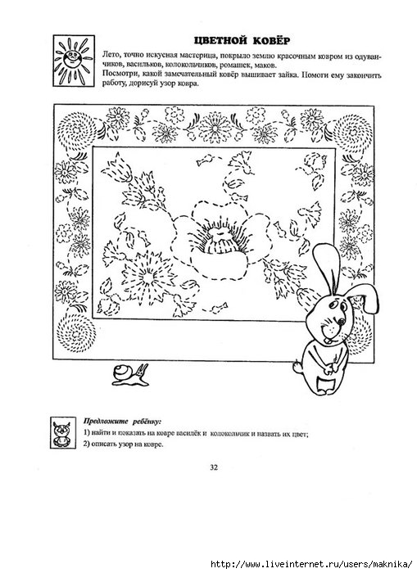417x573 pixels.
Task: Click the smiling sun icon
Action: [x=74, y=61]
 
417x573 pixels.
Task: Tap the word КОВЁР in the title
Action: [x=273, y=40]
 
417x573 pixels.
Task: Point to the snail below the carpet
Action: [x=130, y=374]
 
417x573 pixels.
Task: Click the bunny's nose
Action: [x=341, y=322]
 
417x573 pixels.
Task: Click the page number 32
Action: [x=214, y=467]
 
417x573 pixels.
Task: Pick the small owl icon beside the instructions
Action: [x=63, y=433]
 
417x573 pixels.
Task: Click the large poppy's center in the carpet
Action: [x=217, y=239]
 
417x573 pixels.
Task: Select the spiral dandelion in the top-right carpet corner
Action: [x=352, y=132]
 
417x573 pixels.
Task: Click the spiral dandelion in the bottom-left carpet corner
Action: [x=75, y=332]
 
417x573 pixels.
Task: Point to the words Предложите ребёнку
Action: [x=122, y=421]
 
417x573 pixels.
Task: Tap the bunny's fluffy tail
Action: [x=297, y=367]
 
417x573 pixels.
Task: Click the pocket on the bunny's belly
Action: [x=329, y=385]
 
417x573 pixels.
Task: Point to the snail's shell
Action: [x=122, y=372]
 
